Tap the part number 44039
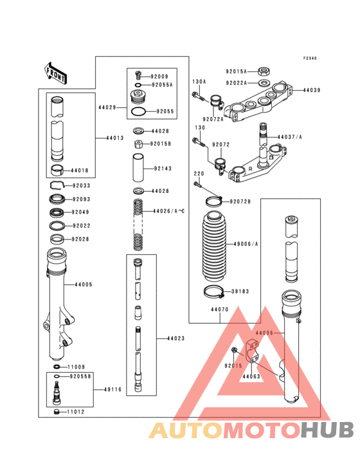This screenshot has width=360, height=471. click(312, 91)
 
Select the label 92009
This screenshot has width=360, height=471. click(159, 76)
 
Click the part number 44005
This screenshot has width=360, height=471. click(84, 284)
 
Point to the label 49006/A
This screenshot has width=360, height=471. click(245, 244)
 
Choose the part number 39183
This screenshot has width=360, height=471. click(240, 291)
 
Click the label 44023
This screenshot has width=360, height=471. click(176, 338)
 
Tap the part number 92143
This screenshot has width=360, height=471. click(163, 169)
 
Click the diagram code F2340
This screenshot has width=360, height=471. click(310, 58)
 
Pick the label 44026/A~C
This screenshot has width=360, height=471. click(168, 211)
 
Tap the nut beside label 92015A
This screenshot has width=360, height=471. click(263, 71)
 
